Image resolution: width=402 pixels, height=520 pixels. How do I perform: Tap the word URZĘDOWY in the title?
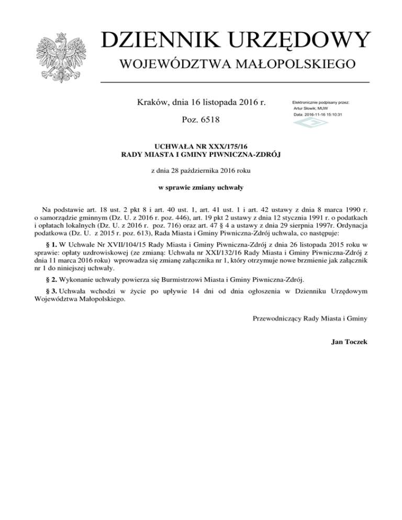[x=304, y=40]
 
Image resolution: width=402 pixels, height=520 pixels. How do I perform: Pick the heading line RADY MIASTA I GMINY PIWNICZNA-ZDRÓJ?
[x=201, y=154]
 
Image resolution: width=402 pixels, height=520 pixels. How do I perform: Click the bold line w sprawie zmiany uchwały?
[x=201, y=187]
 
